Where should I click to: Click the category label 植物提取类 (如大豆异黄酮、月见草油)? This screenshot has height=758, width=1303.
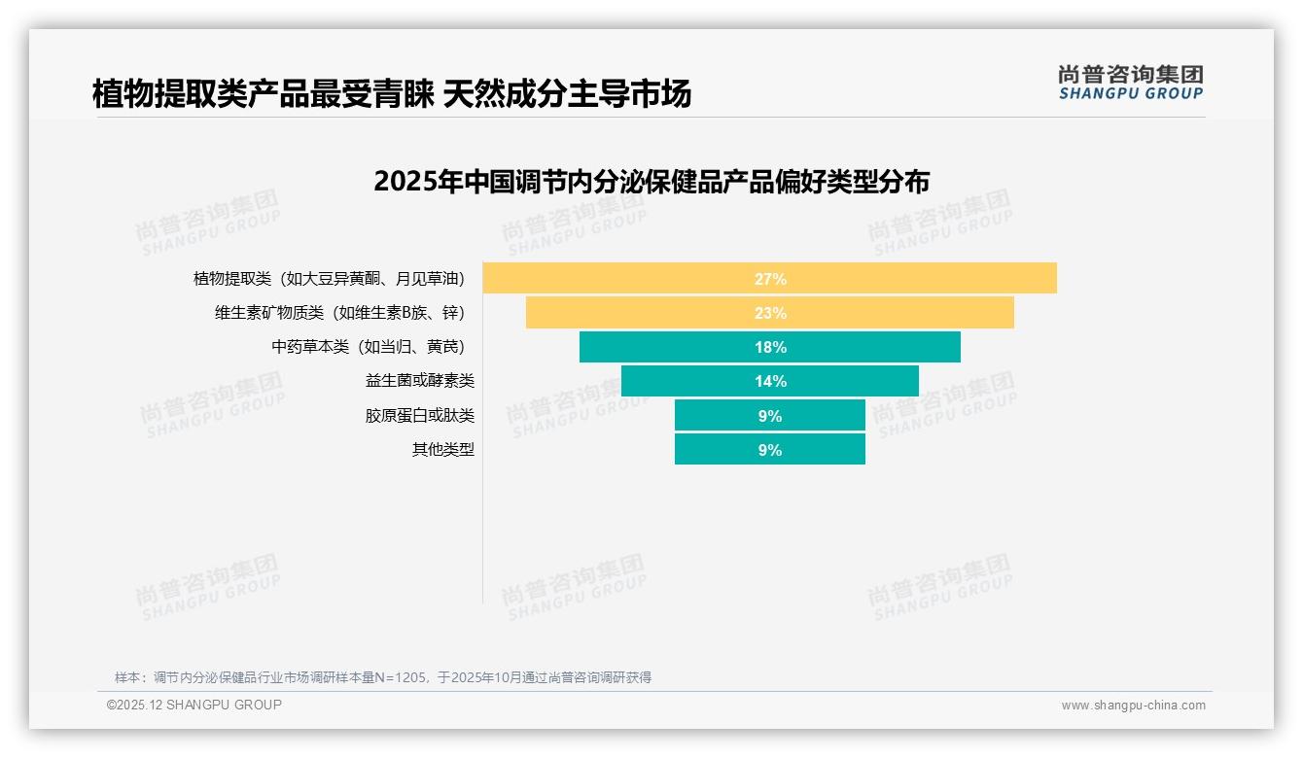tap(329, 279)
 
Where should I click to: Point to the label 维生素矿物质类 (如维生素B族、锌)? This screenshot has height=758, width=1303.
tap(339, 313)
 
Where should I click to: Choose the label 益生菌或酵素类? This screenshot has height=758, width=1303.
tap(420, 381)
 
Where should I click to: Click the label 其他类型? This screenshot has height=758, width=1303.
tap(443, 450)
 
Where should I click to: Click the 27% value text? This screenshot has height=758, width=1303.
tap(770, 279)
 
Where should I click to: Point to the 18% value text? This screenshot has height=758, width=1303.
tap(770, 347)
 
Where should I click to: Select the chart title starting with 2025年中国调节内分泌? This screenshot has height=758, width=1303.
tap(651, 182)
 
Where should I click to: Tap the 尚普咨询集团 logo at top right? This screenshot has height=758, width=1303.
tap(1130, 75)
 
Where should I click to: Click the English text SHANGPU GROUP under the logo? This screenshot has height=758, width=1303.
tap(1130, 94)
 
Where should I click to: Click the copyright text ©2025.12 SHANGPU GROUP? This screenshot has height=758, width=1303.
tap(194, 705)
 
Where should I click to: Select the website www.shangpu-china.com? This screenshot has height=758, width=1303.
tap(1133, 706)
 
